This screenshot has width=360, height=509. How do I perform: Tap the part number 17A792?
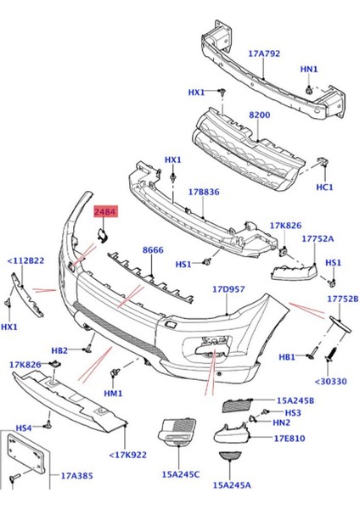(264, 53)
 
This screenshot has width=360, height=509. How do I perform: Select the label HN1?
(308, 70)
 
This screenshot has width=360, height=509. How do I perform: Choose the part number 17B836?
(204, 193)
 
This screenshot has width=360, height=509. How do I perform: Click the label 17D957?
(228, 289)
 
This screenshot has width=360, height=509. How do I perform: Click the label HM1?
(114, 394)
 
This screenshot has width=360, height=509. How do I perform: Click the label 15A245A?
(231, 486)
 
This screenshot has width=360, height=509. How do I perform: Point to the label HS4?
(23, 428)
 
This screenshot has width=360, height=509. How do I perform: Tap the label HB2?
(59, 350)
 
